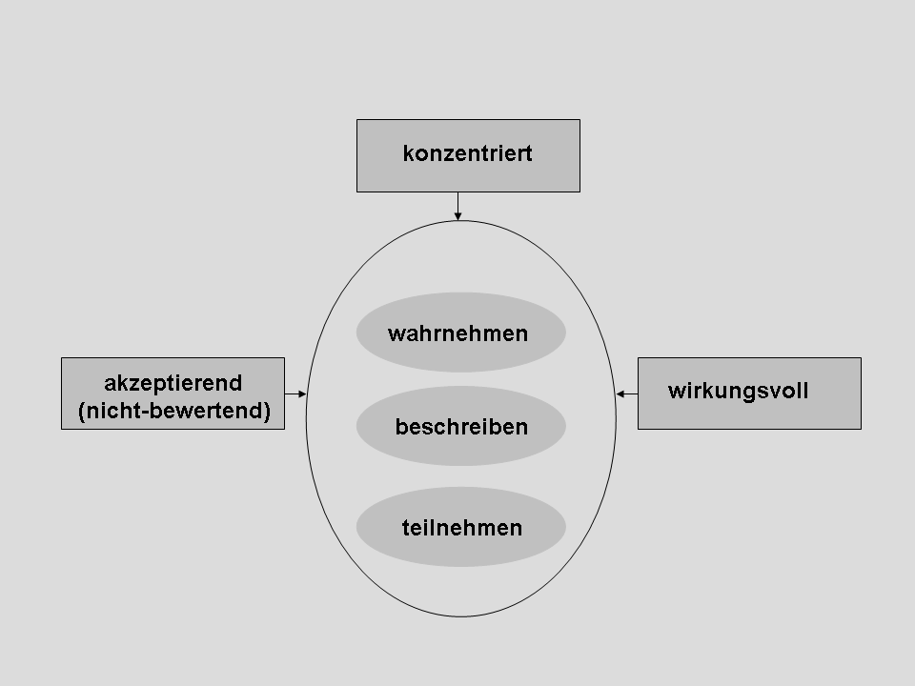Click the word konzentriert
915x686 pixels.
tap(467, 153)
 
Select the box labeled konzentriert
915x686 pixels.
tap(468, 155)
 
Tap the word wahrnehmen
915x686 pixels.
tap(458, 333)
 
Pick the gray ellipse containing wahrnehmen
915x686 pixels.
tap(461, 332)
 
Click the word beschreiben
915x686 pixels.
tap(461, 427)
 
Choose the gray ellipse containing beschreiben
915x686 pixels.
tap(461, 426)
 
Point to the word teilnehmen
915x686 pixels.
tap(462, 528)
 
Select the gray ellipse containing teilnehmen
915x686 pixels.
tap(461, 527)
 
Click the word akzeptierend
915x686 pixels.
tap(173, 384)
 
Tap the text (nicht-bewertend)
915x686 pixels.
tap(173, 411)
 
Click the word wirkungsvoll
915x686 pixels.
tap(738, 391)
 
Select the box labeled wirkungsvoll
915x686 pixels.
tap(749, 393)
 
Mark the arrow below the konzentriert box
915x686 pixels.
tap(458, 207)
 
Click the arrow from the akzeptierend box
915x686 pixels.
tap(295, 394)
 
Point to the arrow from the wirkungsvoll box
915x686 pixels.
tap(627, 394)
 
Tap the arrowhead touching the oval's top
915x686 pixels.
tap(458, 217)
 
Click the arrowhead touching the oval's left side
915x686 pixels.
tap(303, 394)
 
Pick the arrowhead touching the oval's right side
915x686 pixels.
tap(620, 394)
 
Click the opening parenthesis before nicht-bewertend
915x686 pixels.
tap(81, 412)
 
